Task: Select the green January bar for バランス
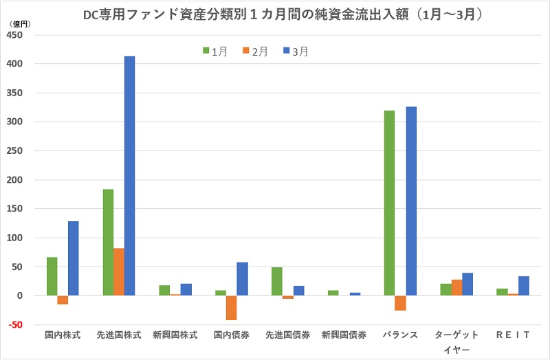click(389, 203)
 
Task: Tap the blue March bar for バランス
click(411, 201)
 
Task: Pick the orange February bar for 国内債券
click(231, 308)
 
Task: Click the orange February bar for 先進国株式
click(118, 272)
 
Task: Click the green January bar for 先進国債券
click(277, 282)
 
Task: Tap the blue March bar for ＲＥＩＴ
click(523, 286)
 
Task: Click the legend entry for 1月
click(216, 51)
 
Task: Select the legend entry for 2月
click(255, 51)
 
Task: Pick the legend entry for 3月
click(295, 51)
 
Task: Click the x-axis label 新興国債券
click(343, 335)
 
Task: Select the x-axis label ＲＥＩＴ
click(511, 335)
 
